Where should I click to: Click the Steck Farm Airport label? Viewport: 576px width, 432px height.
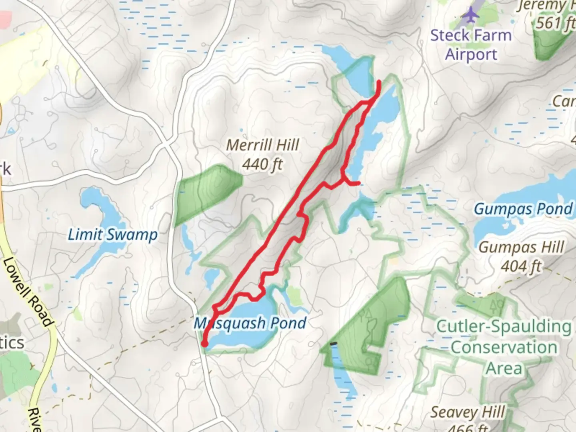click(x=471, y=44)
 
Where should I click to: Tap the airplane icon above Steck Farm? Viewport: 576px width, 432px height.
click(x=470, y=15)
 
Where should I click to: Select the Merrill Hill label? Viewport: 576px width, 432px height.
click(x=262, y=145)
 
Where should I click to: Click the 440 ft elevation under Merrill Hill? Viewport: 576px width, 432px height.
click(x=262, y=164)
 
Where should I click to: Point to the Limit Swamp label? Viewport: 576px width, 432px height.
click(x=112, y=235)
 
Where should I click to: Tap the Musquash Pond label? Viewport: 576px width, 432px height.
click(x=250, y=323)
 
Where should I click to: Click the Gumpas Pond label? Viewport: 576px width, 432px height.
click(x=523, y=209)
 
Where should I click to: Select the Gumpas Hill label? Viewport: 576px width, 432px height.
click(x=521, y=248)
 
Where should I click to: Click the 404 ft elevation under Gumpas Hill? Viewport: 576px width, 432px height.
click(x=521, y=266)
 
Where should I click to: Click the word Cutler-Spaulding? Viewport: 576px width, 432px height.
click(x=504, y=326)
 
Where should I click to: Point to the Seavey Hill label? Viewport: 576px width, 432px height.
click(x=467, y=412)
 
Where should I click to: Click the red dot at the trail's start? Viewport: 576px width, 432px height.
click(x=204, y=344)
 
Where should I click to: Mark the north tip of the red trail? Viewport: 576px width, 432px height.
click(x=379, y=82)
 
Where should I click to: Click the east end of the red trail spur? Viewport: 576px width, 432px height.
click(x=359, y=184)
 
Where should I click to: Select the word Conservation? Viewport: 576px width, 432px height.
click(x=504, y=347)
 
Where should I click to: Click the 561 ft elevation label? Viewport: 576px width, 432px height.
click(x=554, y=23)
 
